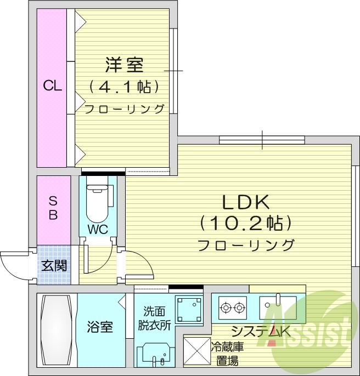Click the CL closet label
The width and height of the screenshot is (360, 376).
[52, 86]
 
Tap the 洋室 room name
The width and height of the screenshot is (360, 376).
[124, 65]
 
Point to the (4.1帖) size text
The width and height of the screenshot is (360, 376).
[124, 87]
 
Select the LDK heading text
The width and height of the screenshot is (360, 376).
[245, 202]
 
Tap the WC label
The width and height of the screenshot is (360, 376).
[98, 229]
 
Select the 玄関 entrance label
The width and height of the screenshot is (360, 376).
[54, 266]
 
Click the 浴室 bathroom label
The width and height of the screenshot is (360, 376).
[100, 327]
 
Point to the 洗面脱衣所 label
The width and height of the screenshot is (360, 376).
[154, 317]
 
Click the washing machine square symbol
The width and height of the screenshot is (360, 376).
[189, 311]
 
